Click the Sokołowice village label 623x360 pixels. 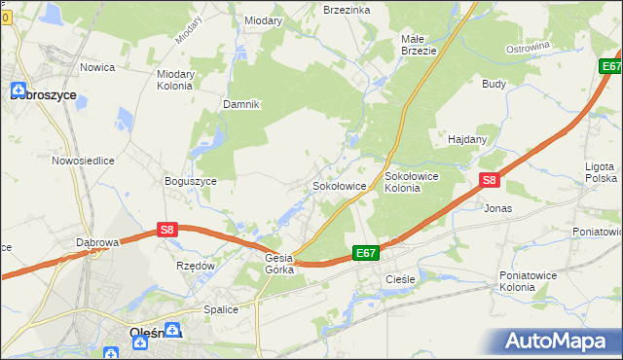pyautogui.click(x=338, y=185)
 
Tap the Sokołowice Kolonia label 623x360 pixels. pyautogui.click(x=415, y=182)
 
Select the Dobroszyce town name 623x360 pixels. pyautogui.click(x=44, y=95)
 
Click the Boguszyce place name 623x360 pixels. pyautogui.click(x=191, y=181)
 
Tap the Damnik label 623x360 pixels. pyautogui.click(x=241, y=104)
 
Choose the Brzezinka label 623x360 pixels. pyautogui.click(x=347, y=9)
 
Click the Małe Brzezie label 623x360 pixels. pyautogui.click(x=419, y=45)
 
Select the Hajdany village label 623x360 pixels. pyautogui.click(x=467, y=139)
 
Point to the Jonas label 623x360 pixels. pyautogui.click(x=497, y=208)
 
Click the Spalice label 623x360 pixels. pyautogui.click(x=221, y=309)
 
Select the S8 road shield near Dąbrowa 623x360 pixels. pyautogui.click(x=167, y=230)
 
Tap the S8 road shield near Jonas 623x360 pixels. pyautogui.click(x=490, y=180)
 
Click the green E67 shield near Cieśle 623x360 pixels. pyautogui.click(x=365, y=253)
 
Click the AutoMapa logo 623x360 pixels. pyautogui.click(x=557, y=342)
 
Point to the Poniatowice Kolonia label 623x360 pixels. pyautogui.click(x=531, y=281)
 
